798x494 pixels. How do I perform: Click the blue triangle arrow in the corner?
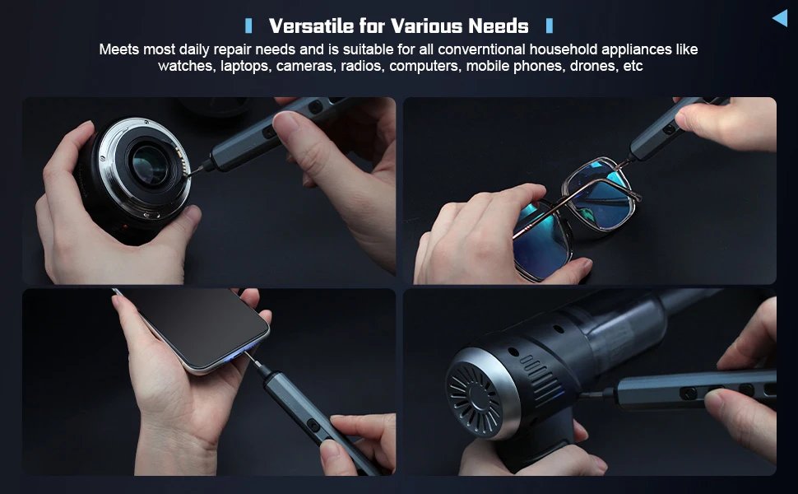click(779, 17)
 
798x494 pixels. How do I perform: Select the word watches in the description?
click(187, 66)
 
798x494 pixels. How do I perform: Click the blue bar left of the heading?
click(248, 26)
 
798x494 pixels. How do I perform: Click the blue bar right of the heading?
click(550, 26)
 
